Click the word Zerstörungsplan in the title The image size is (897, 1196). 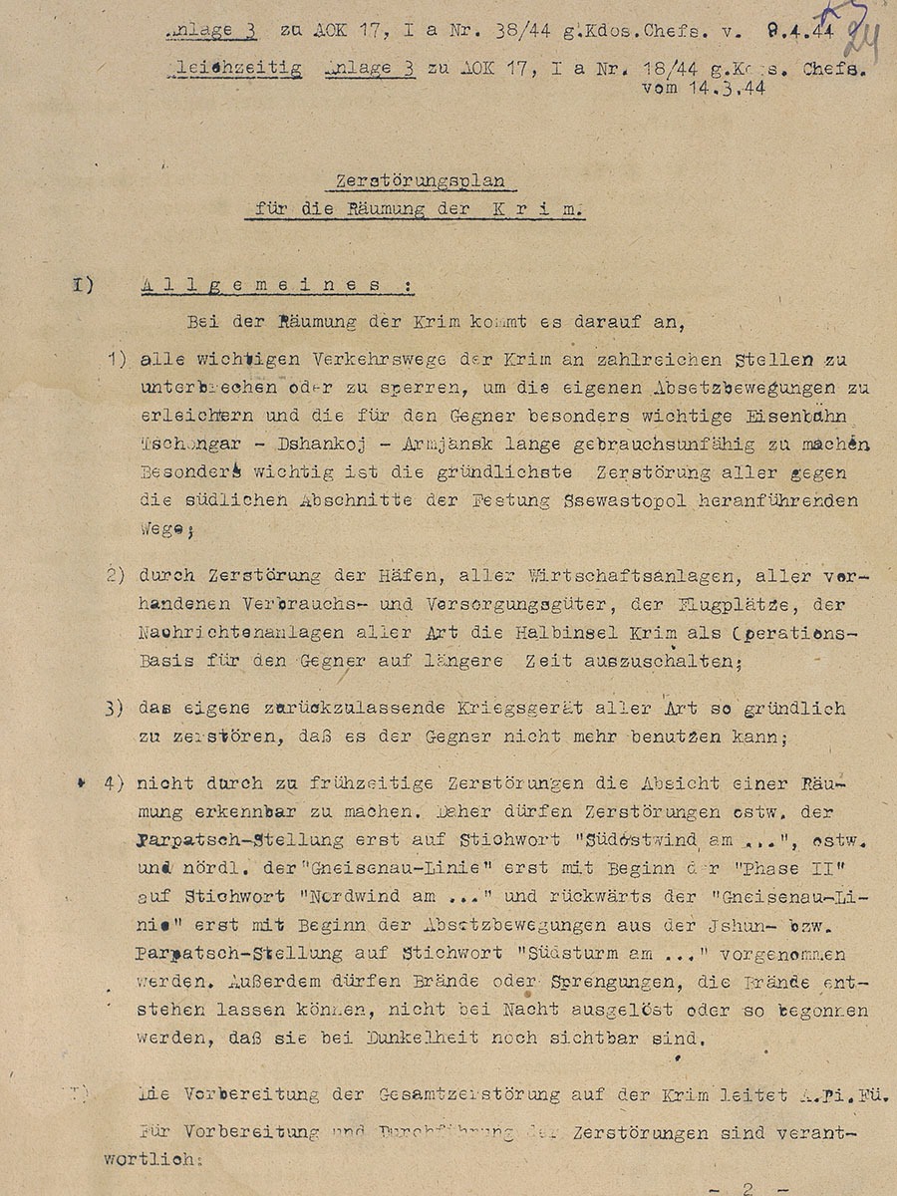point(419,181)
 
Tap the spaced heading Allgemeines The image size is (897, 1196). point(275,285)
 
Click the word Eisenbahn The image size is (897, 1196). point(788,418)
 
